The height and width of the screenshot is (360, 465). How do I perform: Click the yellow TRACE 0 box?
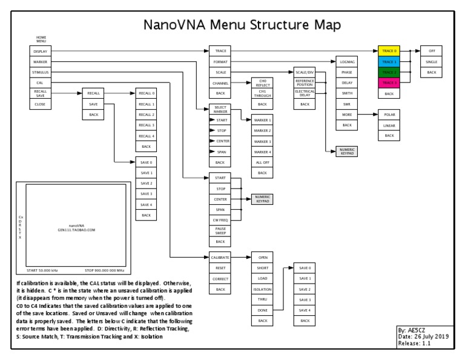coord(389,52)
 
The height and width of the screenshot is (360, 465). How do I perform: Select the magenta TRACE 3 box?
coord(389,83)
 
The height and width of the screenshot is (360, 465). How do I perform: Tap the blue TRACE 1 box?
coord(389,62)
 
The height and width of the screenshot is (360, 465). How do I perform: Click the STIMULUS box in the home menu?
coord(41,72)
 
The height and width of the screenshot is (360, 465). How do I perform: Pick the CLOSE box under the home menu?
coord(41,104)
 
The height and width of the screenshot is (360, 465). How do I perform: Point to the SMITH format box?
coord(346,93)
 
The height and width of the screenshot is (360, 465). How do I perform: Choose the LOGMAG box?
coord(346,62)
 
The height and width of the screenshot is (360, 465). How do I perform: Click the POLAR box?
coord(389,115)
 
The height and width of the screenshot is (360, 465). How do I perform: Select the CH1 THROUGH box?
coord(262,93)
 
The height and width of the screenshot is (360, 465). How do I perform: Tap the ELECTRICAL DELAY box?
coord(305,93)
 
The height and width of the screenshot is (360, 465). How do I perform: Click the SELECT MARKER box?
coord(220,109)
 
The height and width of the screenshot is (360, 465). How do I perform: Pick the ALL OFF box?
coord(262,162)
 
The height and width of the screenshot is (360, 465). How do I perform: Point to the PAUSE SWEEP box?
coord(220,230)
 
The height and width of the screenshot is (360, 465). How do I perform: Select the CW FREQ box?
coord(220,219)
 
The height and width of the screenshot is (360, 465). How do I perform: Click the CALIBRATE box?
coord(220,257)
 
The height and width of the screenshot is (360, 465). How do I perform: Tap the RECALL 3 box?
coord(147,125)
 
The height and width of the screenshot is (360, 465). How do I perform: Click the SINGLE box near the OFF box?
coord(431,62)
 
